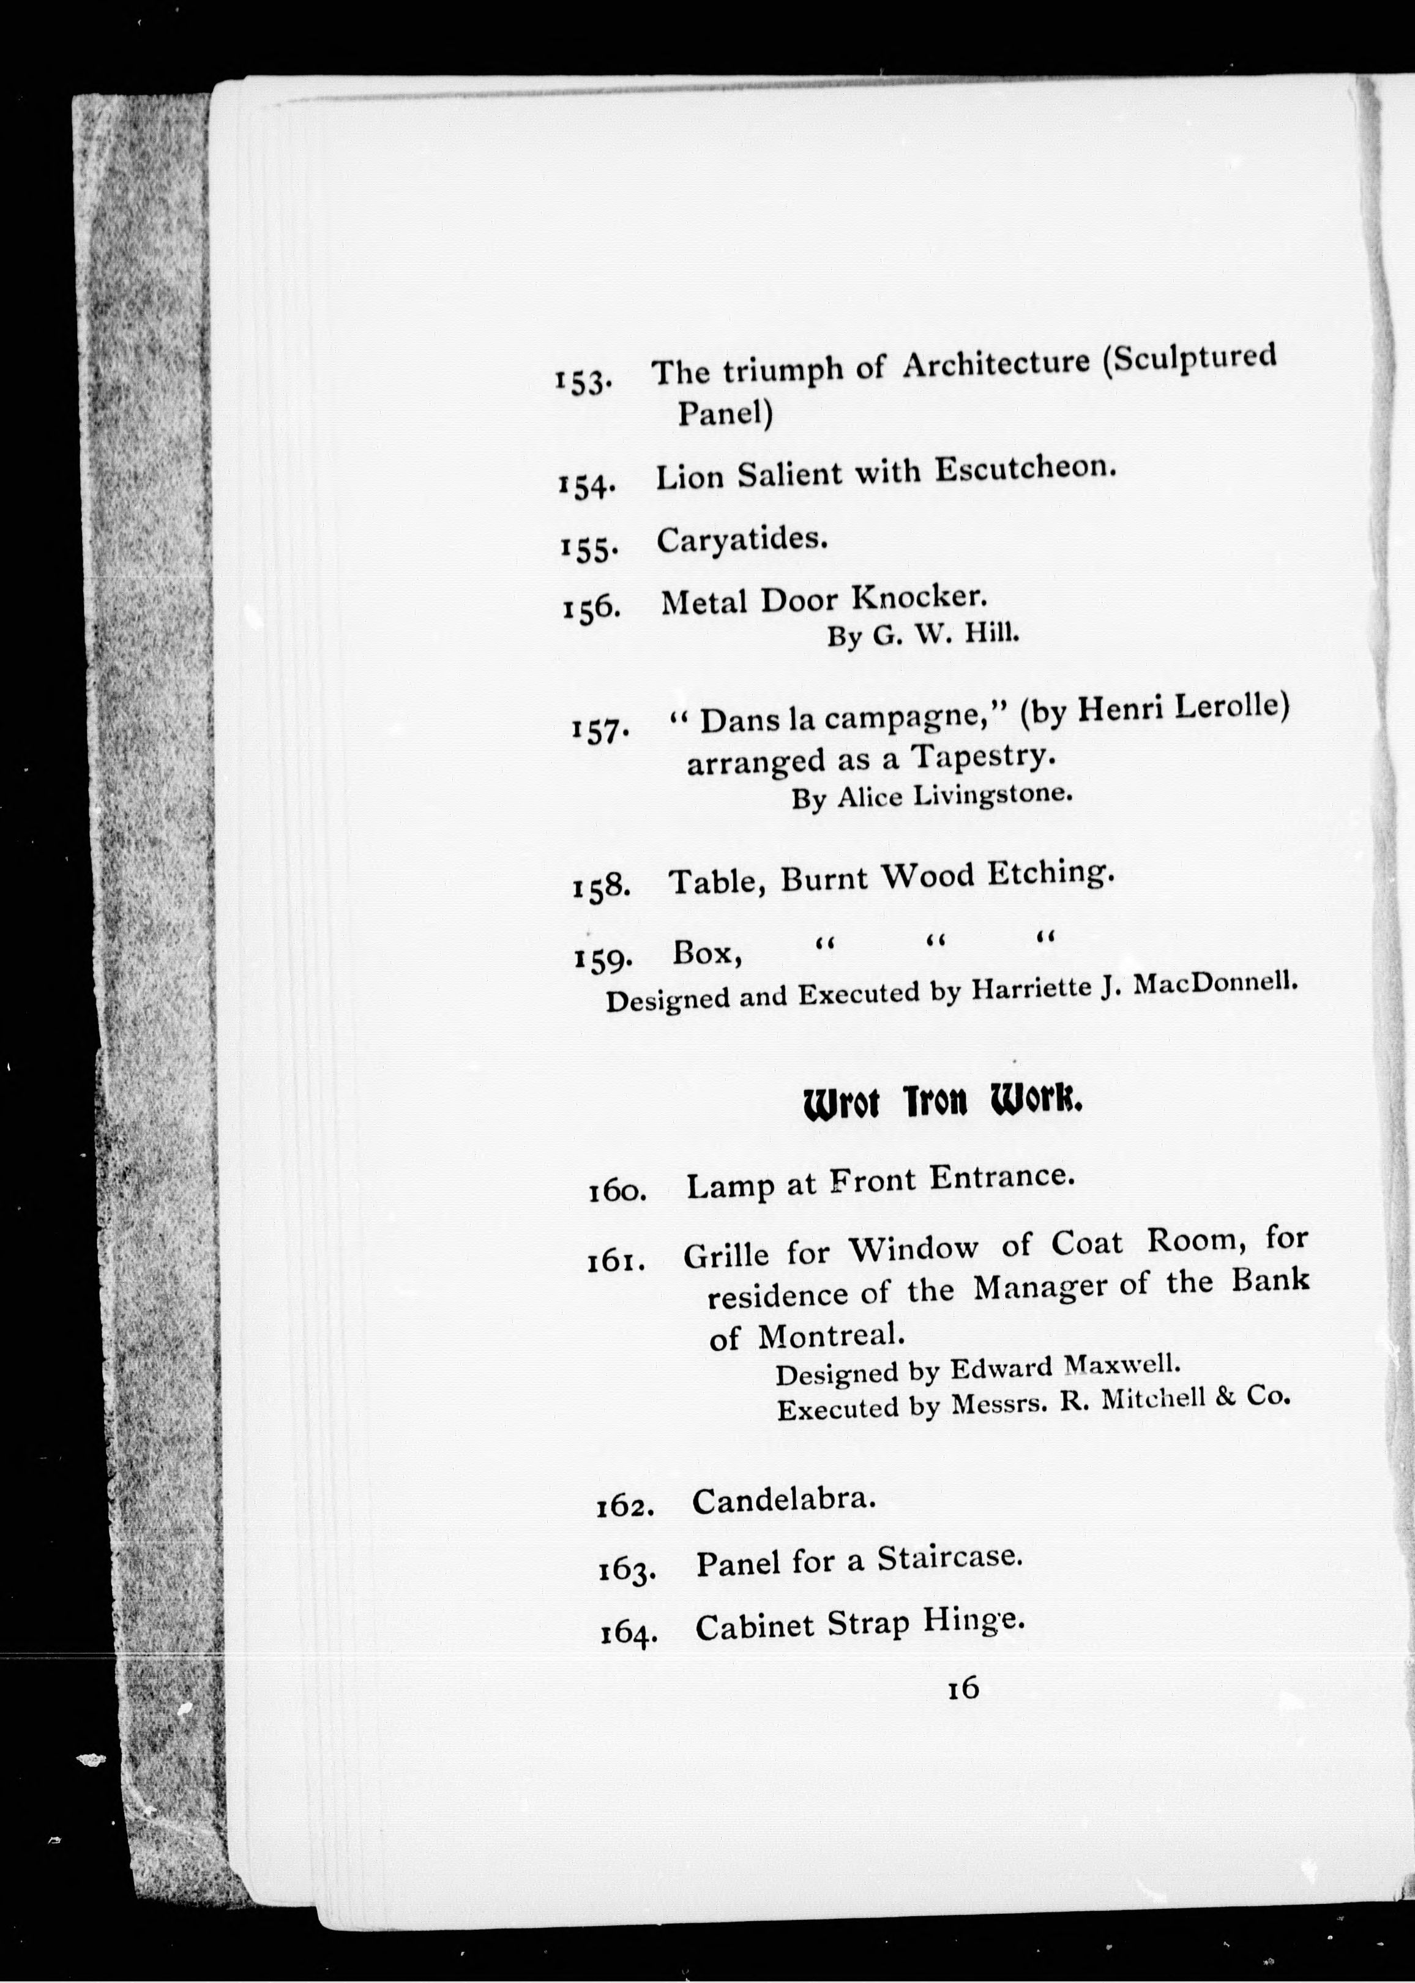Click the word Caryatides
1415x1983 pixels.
[741, 540]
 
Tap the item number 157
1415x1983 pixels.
[599, 730]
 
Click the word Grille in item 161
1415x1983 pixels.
[726, 1255]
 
